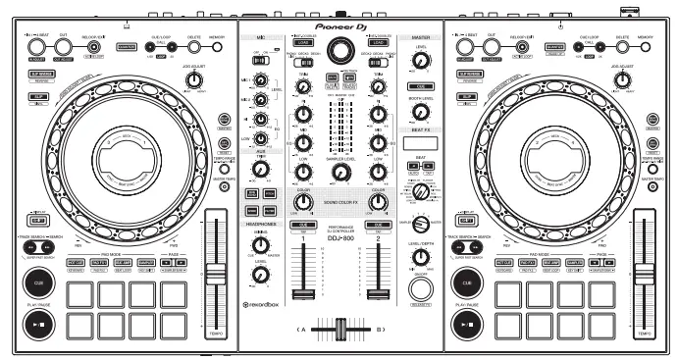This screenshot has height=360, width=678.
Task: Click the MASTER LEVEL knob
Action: (x=421, y=60)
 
